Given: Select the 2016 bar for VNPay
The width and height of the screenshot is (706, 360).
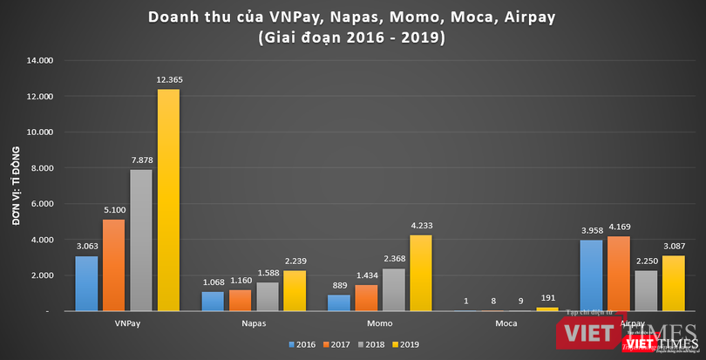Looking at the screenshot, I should tap(86, 283).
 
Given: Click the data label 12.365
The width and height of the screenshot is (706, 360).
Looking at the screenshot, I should tap(169, 80).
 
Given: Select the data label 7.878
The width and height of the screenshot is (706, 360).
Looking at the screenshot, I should tap(141, 160).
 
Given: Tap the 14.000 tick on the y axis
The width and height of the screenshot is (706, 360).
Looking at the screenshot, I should tap(38, 60).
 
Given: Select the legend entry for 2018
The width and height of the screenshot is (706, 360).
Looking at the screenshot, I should tap(373, 344).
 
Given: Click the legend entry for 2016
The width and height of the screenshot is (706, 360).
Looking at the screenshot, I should tap(303, 344).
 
